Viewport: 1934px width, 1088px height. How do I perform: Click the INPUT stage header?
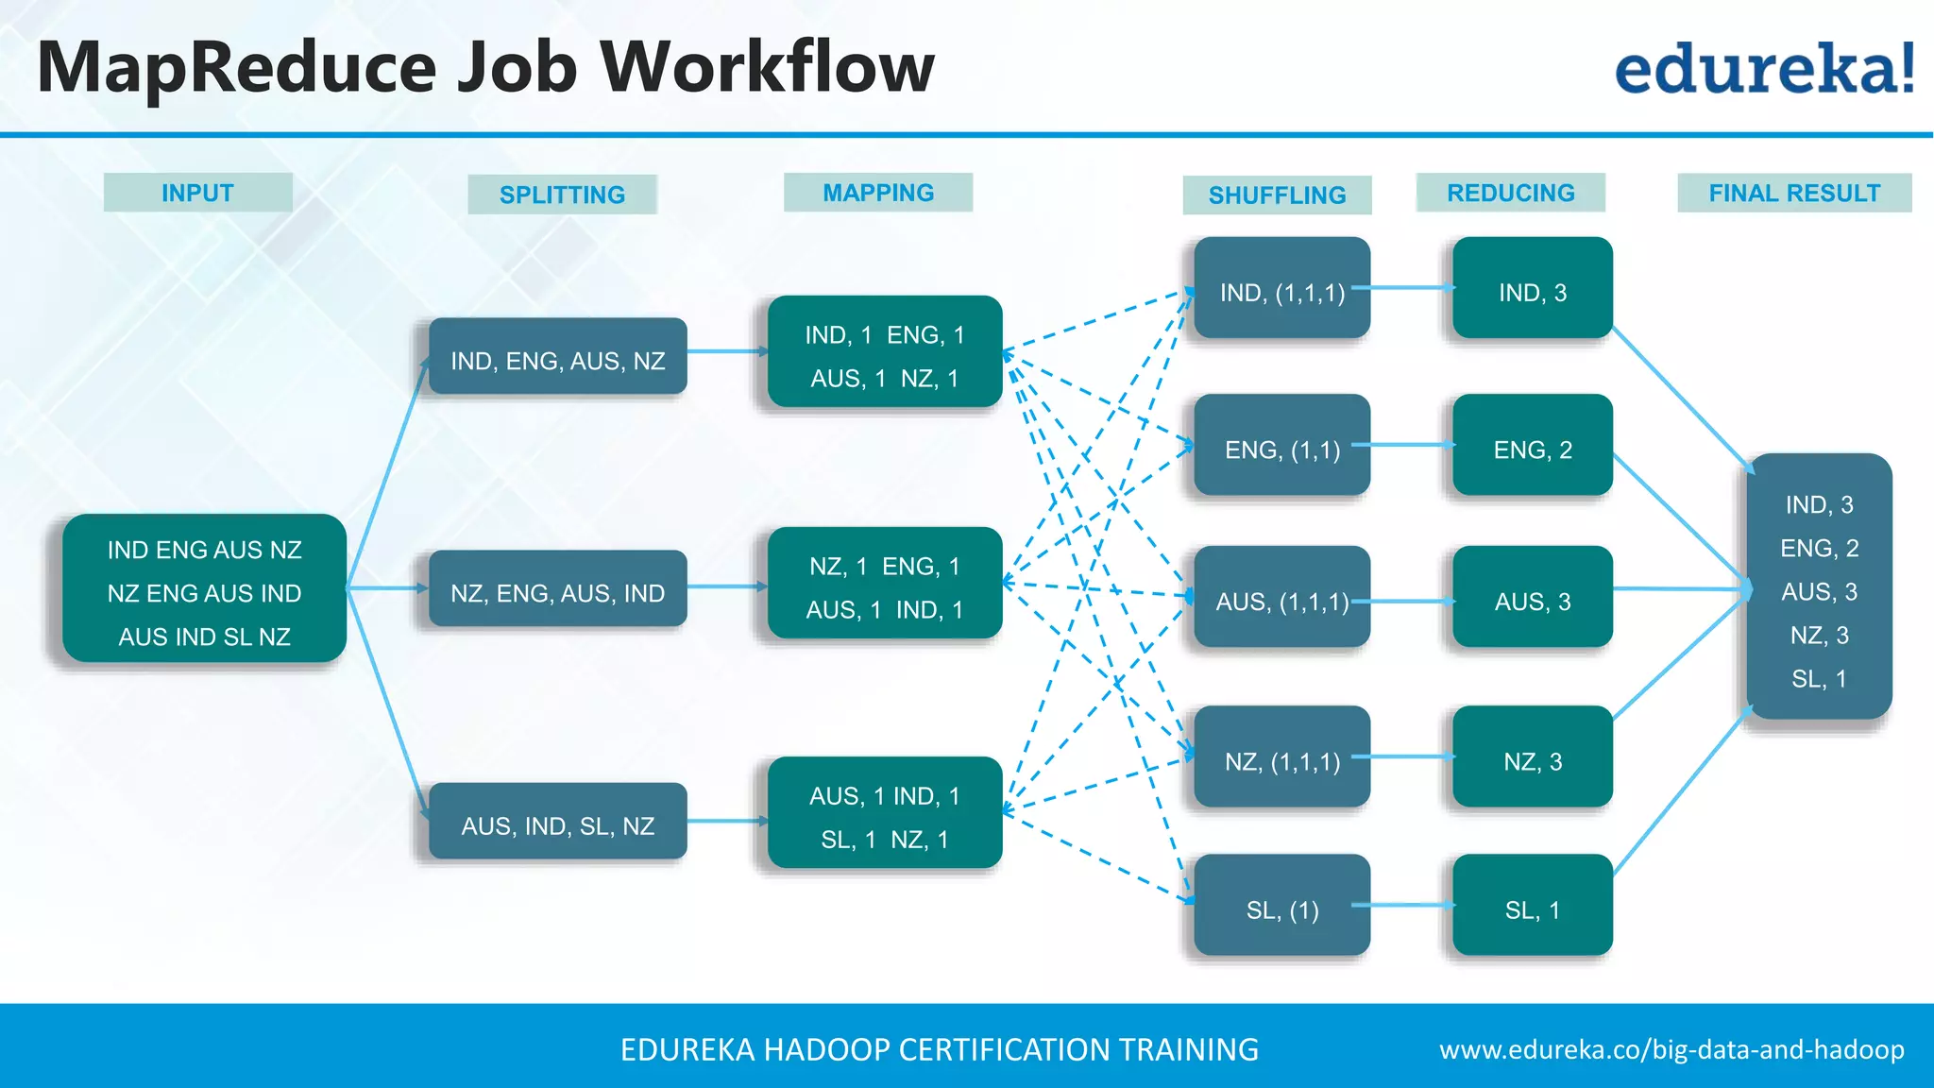(x=197, y=193)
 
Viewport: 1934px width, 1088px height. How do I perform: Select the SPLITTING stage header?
(x=562, y=195)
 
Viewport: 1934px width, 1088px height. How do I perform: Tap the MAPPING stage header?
(x=878, y=193)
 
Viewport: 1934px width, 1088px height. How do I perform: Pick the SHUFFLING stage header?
(x=1277, y=195)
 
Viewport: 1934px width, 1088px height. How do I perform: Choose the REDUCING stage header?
(x=1510, y=193)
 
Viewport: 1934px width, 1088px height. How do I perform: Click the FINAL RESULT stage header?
(x=1794, y=193)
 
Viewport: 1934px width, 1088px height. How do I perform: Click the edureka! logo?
(x=1764, y=69)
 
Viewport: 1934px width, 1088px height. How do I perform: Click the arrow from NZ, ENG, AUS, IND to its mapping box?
(x=727, y=587)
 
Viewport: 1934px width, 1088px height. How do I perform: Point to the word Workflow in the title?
(x=767, y=68)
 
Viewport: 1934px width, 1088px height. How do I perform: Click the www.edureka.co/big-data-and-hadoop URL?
(x=1671, y=1049)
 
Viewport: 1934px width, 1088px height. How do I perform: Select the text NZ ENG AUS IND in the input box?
(x=204, y=593)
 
